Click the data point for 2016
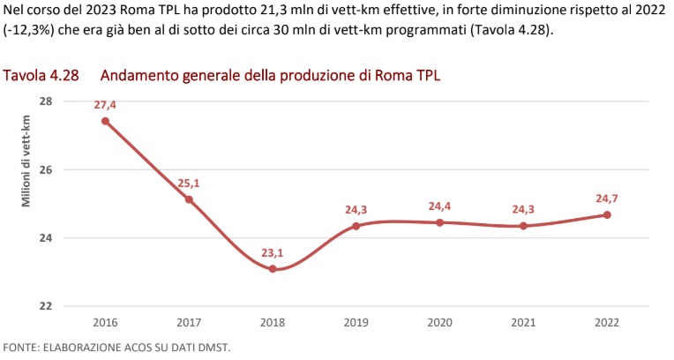(x=105, y=121)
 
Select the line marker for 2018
(x=273, y=269)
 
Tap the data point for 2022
(x=607, y=215)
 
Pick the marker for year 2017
(x=189, y=199)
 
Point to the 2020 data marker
(x=439, y=222)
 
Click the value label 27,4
(x=105, y=104)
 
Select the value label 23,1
(x=273, y=252)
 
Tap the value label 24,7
(x=607, y=198)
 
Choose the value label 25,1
(x=189, y=183)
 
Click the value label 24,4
(x=439, y=206)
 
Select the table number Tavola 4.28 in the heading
(x=41, y=75)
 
